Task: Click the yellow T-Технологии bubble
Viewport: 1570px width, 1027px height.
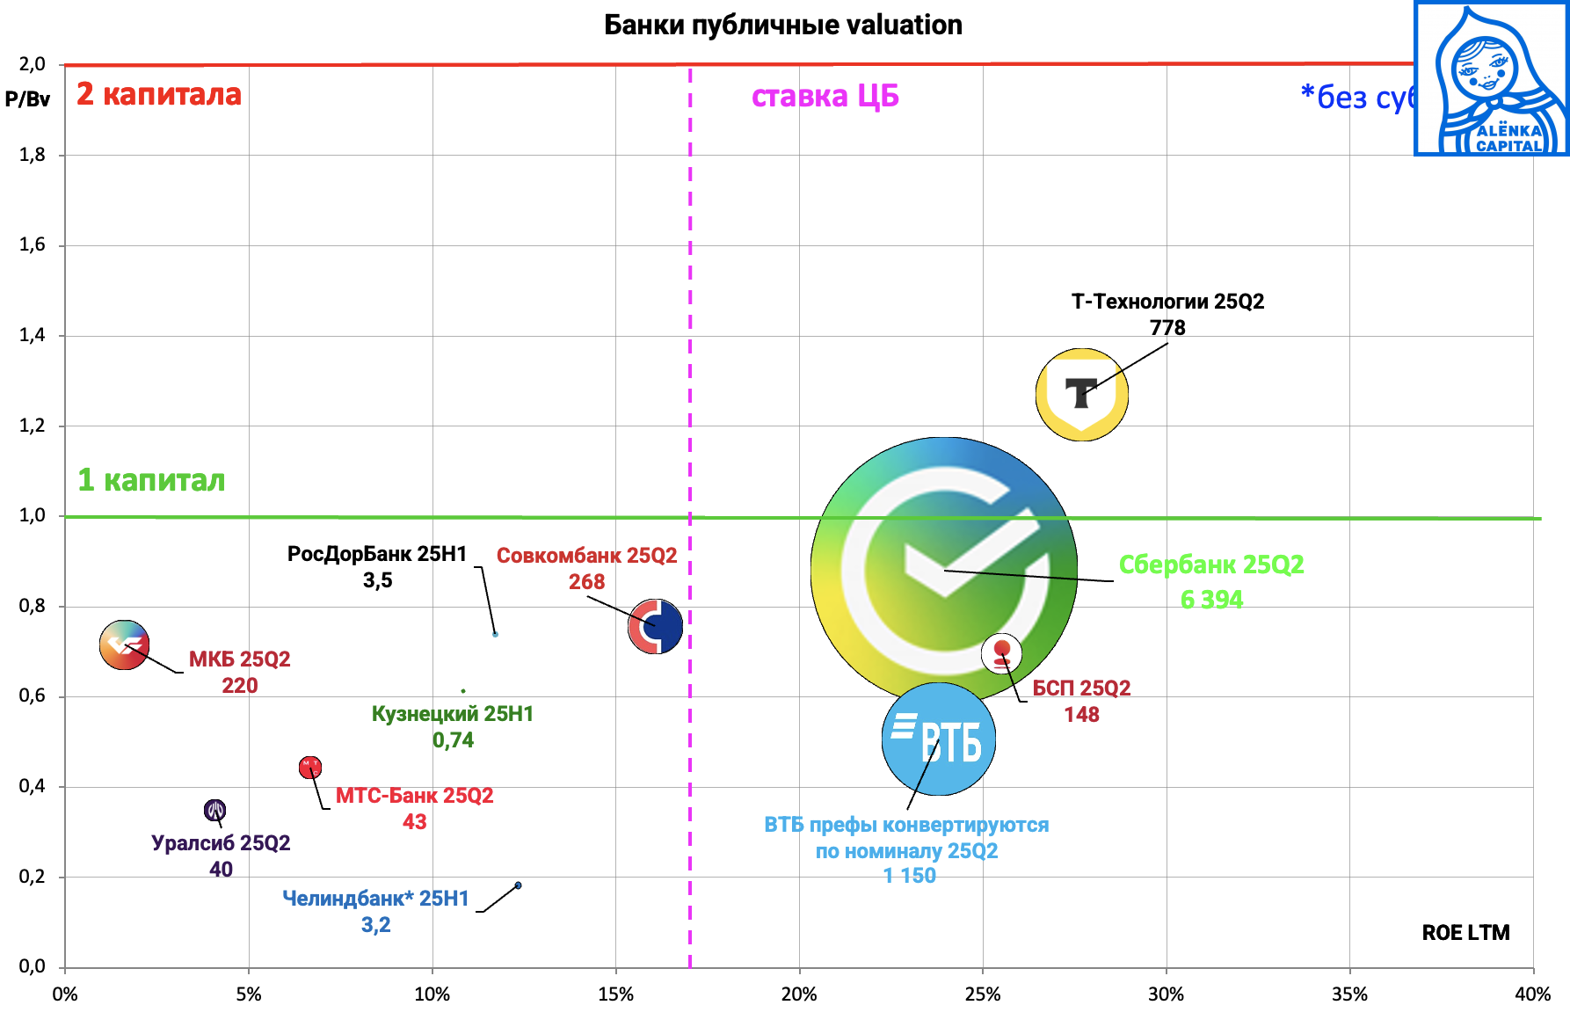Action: [x=1081, y=395]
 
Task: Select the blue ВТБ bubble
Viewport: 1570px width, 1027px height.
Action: [x=938, y=739]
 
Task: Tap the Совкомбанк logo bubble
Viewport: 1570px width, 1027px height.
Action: [x=656, y=626]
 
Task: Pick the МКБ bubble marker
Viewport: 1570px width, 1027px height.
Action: [x=124, y=645]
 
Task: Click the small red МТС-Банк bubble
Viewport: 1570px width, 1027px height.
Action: [x=310, y=768]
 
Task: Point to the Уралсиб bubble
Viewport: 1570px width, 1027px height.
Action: [x=214, y=810]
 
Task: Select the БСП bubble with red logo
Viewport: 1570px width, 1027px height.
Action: [x=1001, y=653]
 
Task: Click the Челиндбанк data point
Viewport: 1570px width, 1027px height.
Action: [x=518, y=885]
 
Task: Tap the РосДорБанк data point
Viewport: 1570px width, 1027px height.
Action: [x=495, y=634]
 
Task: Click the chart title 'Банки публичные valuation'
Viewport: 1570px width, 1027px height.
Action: [x=782, y=25]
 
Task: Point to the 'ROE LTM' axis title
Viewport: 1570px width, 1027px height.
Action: [x=1465, y=932]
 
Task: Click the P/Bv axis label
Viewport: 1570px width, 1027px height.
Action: [x=27, y=99]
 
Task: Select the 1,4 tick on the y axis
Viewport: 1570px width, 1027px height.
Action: [x=33, y=335]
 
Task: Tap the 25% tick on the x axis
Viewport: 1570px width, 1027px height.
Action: [x=982, y=994]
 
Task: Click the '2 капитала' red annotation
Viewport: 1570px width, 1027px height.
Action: [x=158, y=94]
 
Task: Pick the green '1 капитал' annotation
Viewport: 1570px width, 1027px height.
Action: [x=151, y=480]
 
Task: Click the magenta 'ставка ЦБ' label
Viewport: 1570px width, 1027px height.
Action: [x=825, y=96]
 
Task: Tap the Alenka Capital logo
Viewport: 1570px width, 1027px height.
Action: [x=1491, y=79]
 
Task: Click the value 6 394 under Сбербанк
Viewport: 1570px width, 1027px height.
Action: [x=1211, y=600]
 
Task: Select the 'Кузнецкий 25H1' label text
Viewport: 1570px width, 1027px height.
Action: [x=452, y=714]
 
